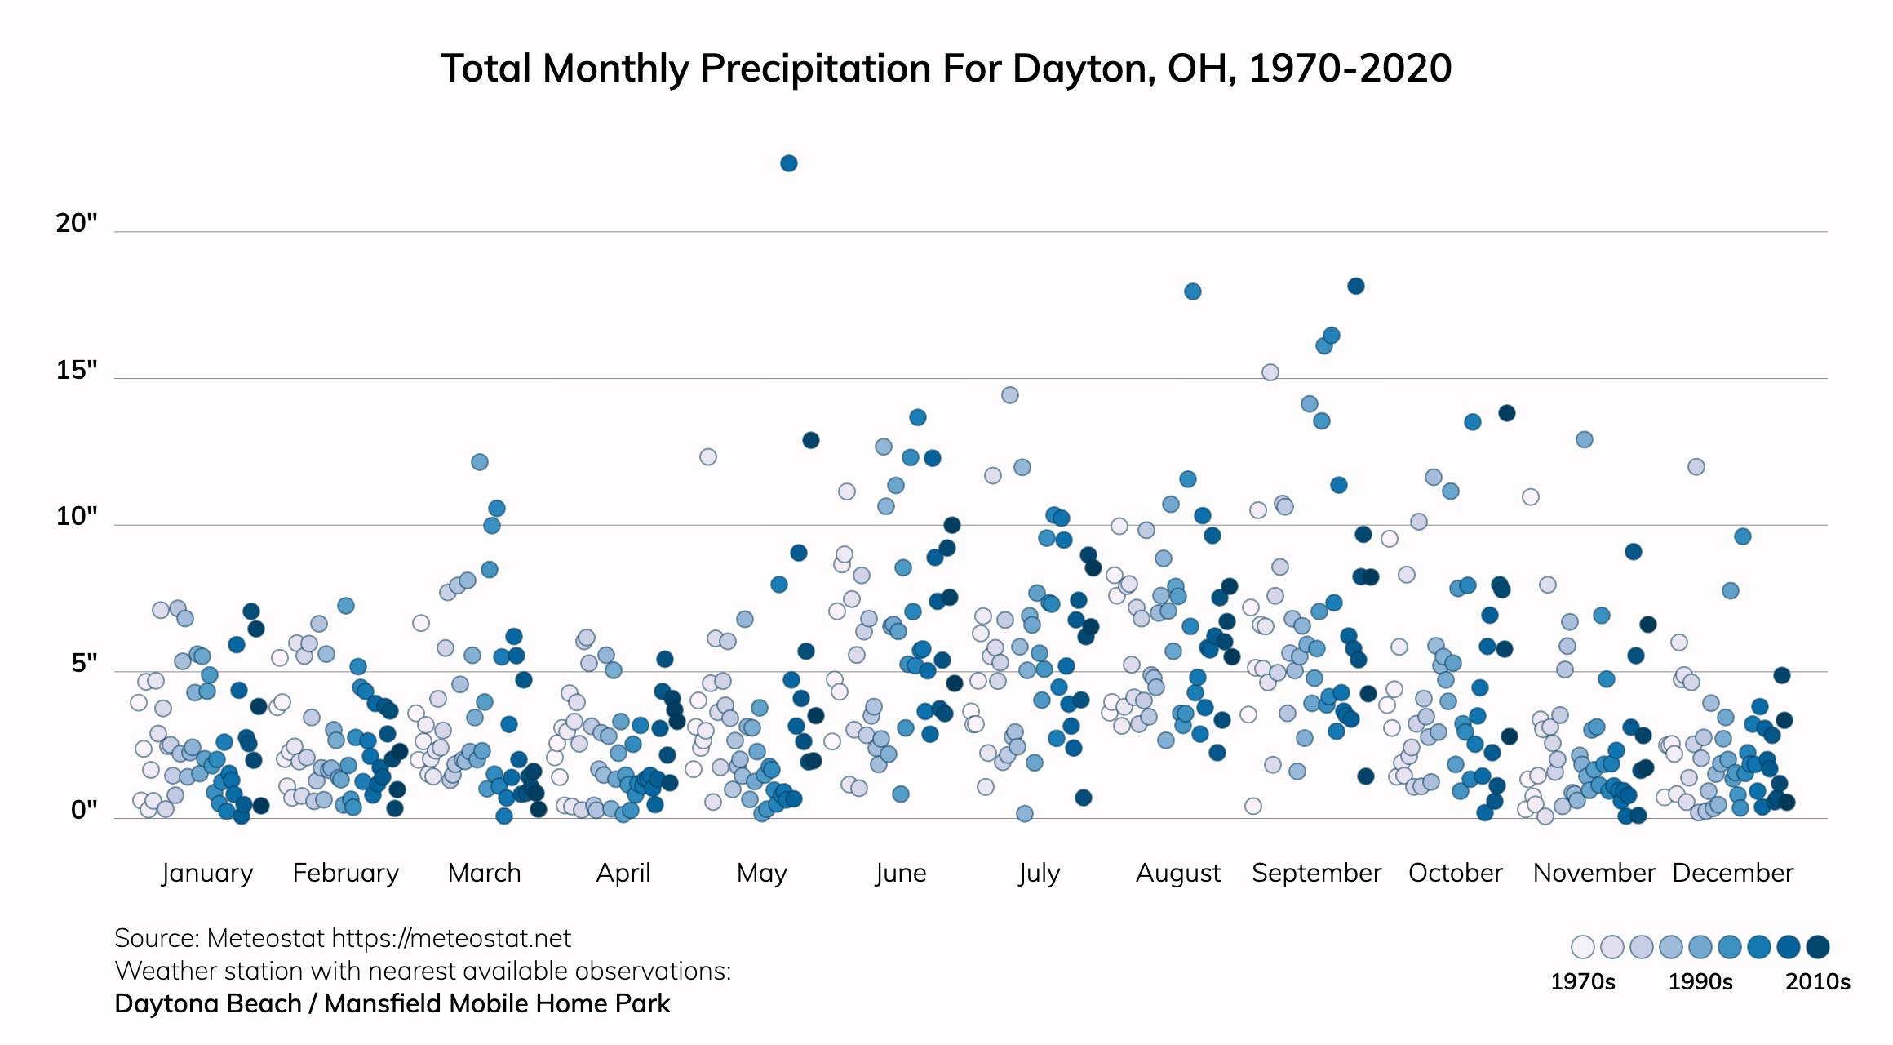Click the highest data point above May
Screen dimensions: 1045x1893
coord(788,163)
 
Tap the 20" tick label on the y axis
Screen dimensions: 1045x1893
coord(77,223)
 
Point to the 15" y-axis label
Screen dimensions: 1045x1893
coord(77,370)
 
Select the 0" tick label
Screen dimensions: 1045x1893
coord(84,810)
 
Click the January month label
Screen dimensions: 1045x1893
coord(207,873)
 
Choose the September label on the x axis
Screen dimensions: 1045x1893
coord(1316,873)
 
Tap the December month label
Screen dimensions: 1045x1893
coord(1732,873)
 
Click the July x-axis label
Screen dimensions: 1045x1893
coord(1039,873)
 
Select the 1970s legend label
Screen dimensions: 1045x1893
coord(1582,981)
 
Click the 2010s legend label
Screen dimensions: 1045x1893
coord(1817,981)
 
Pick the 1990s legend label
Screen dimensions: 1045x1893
coord(1700,981)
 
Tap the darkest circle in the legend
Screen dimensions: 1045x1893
coord(1817,947)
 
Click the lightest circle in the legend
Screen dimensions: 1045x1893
coord(1582,947)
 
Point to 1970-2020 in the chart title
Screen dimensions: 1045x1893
coord(1350,69)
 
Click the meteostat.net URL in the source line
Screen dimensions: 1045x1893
coord(451,938)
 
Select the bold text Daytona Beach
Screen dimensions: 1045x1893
coord(207,1003)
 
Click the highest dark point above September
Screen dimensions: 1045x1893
coord(1355,286)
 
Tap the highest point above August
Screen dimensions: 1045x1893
coord(1192,291)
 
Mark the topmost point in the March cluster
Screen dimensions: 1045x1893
coord(479,462)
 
